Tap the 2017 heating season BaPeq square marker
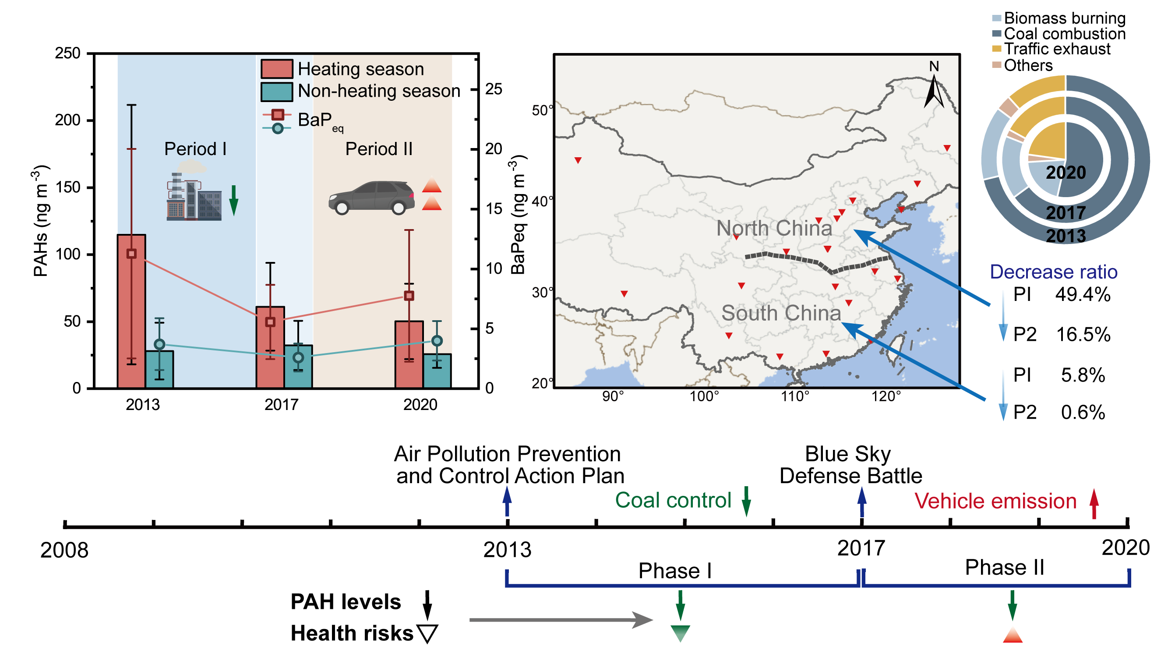tap(270, 322)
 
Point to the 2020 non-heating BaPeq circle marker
tap(437, 341)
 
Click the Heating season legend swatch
tap(276, 69)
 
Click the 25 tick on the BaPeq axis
tap(494, 89)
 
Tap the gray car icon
tap(371, 198)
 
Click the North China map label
tap(773, 228)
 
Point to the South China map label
tap(780, 313)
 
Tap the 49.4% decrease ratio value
tap(1083, 295)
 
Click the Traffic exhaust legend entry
tap(1056, 49)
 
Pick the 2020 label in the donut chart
tap(1066, 173)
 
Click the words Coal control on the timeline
tap(673, 500)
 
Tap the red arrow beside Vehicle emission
tap(1094, 504)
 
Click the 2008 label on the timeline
tap(64, 550)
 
